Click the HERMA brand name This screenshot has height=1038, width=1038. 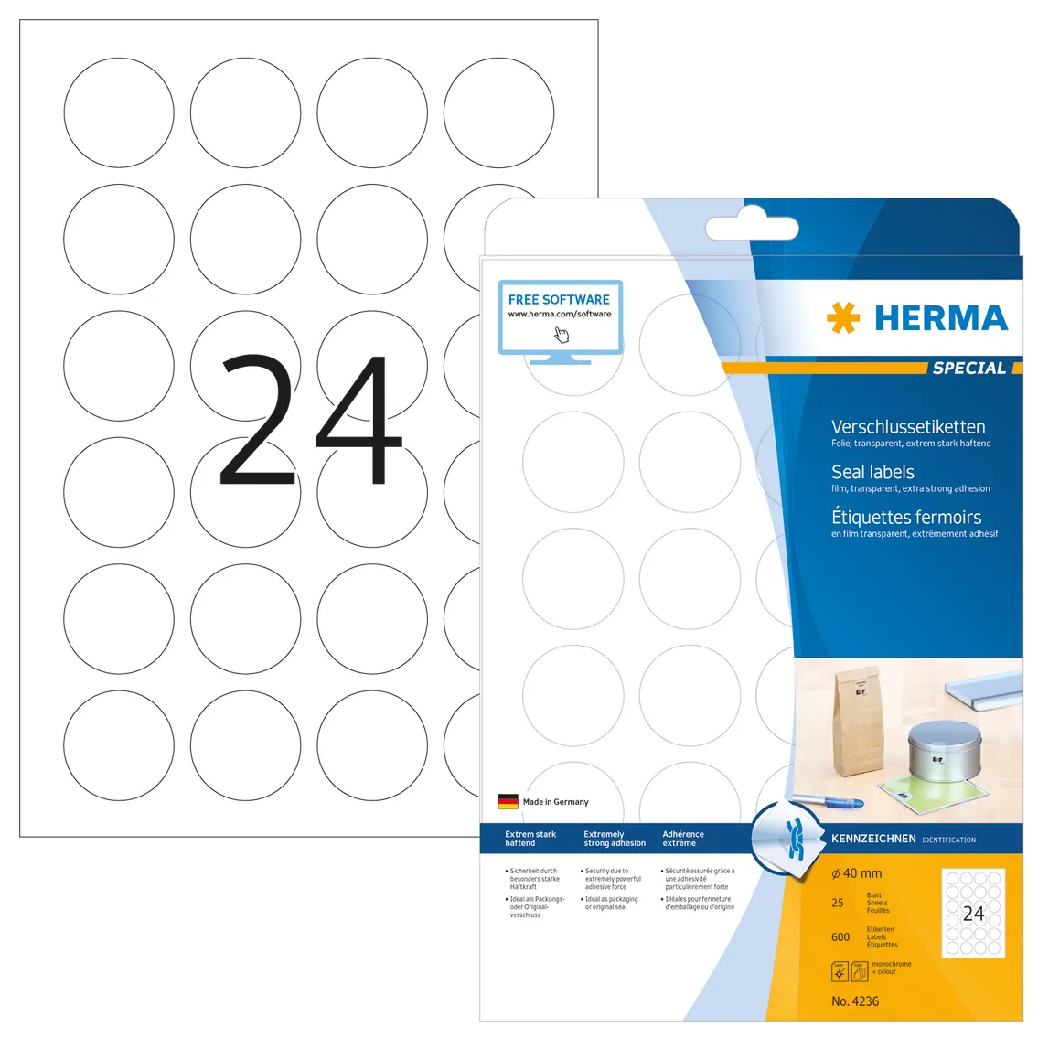pos(941,318)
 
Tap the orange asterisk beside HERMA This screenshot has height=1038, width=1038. pos(842,318)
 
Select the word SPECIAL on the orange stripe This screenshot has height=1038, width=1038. pos(968,369)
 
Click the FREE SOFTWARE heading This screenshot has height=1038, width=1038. pos(559,299)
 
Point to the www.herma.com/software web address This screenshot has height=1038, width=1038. pos(560,315)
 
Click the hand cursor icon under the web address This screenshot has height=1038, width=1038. pos(562,335)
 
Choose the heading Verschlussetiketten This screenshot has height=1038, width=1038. pos(908,427)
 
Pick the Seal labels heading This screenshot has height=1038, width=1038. pos(872,472)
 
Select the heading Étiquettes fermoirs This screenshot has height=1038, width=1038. pos(906,517)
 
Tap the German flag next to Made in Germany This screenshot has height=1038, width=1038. pos(508,801)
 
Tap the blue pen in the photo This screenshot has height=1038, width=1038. pos(828,801)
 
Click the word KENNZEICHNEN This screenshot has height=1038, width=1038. pos(873,839)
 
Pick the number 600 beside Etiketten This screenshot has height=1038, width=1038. pos(840,937)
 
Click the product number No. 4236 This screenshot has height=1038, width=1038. pos(855,1001)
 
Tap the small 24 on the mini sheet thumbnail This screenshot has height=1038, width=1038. pos(973,913)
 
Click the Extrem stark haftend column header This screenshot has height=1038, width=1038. pos(530,839)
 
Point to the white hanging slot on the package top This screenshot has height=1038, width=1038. pos(752,229)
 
